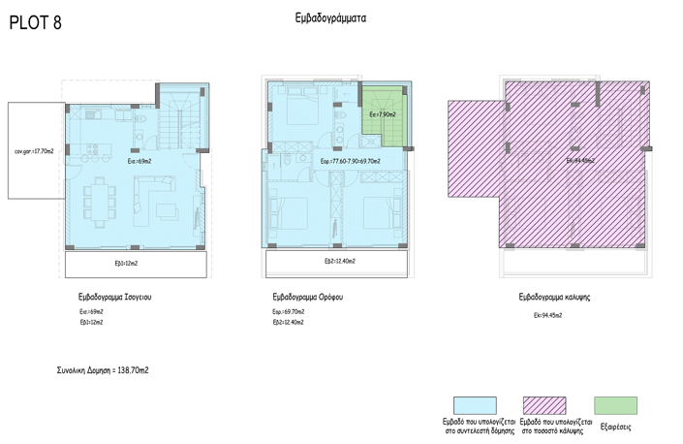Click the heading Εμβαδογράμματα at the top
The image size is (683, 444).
[330, 17]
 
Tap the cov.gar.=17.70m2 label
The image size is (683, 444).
[34, 151]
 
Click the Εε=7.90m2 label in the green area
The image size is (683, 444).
[382, 113]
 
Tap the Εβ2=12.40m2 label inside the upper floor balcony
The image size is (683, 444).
[339, 262]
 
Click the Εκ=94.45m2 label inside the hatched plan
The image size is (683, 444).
[579, 161]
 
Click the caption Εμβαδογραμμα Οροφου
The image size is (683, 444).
[309, 298]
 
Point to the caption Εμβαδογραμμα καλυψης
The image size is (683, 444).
[554, 298]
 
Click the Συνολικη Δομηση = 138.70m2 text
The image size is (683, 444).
[103, 370]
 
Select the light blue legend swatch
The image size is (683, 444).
[475, 405]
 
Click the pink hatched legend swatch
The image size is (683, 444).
[544, 405]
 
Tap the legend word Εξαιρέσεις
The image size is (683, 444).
[616, 427]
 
